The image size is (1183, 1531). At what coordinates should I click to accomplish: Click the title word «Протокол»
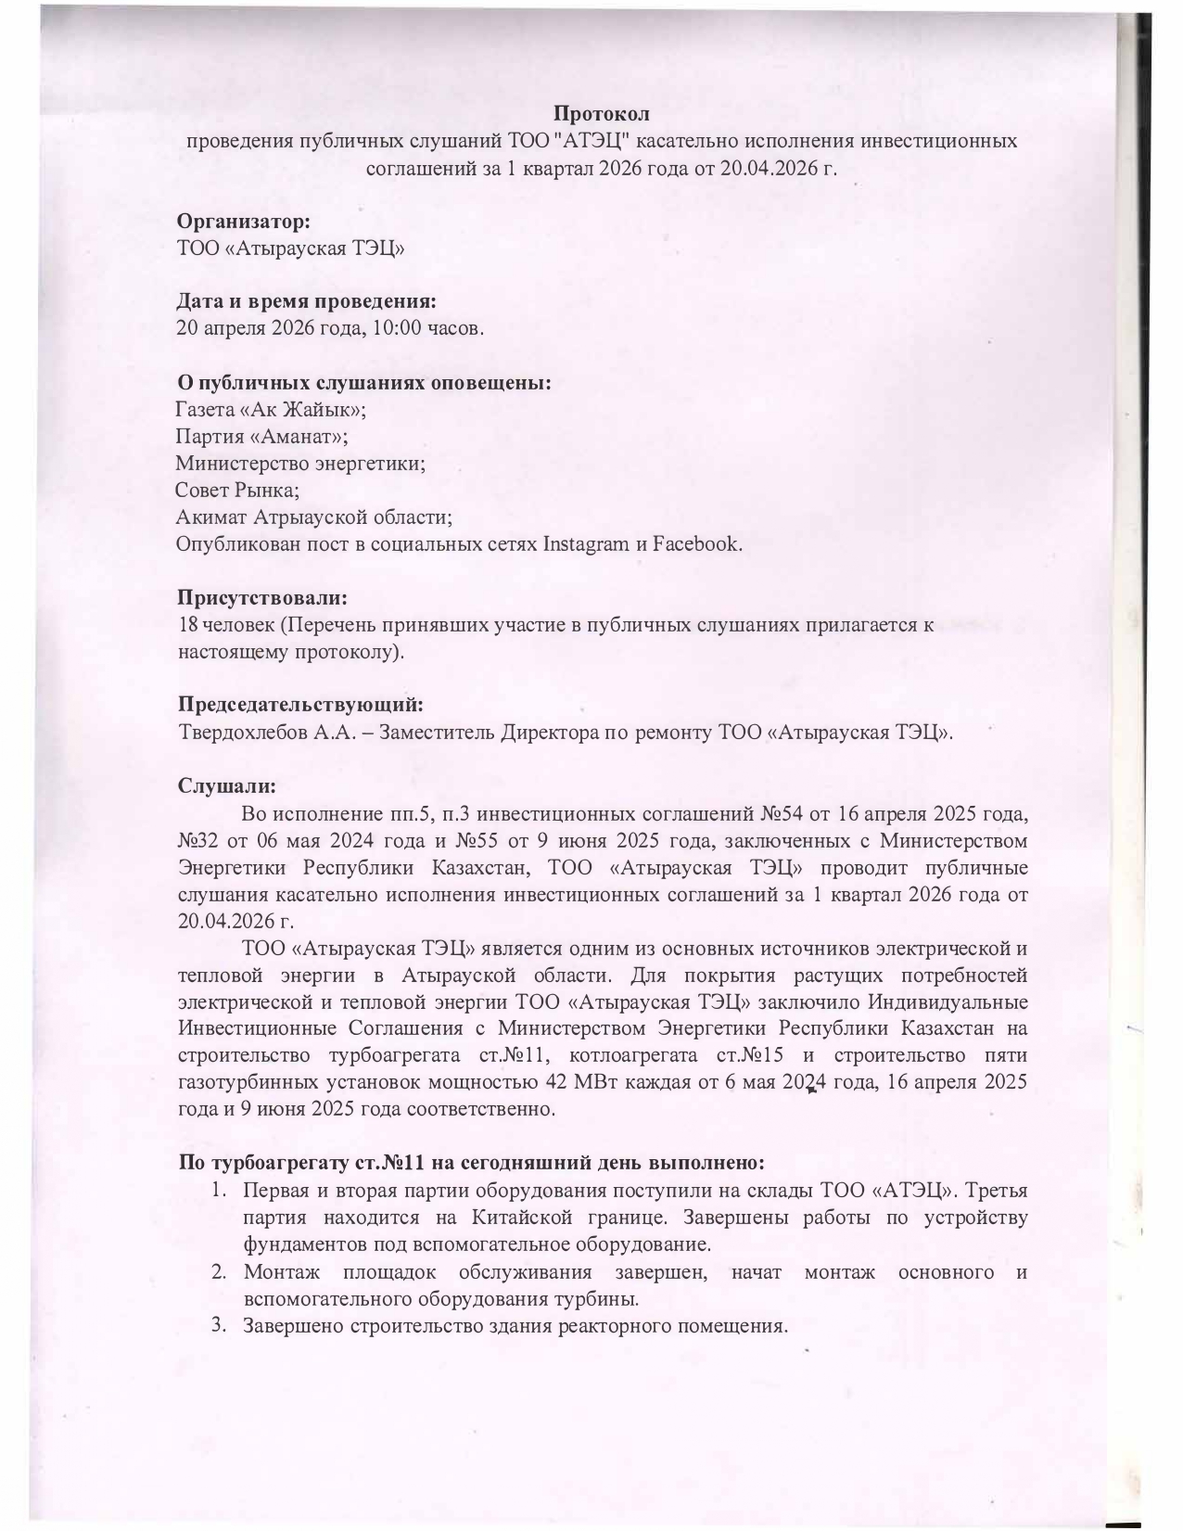[x=601, y=114]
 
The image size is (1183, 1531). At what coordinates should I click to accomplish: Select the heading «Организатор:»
[x=243, y=223]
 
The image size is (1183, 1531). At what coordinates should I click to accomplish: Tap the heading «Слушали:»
[x=226, y=785]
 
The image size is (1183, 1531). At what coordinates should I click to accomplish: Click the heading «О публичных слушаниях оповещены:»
[x=364, y=383]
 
